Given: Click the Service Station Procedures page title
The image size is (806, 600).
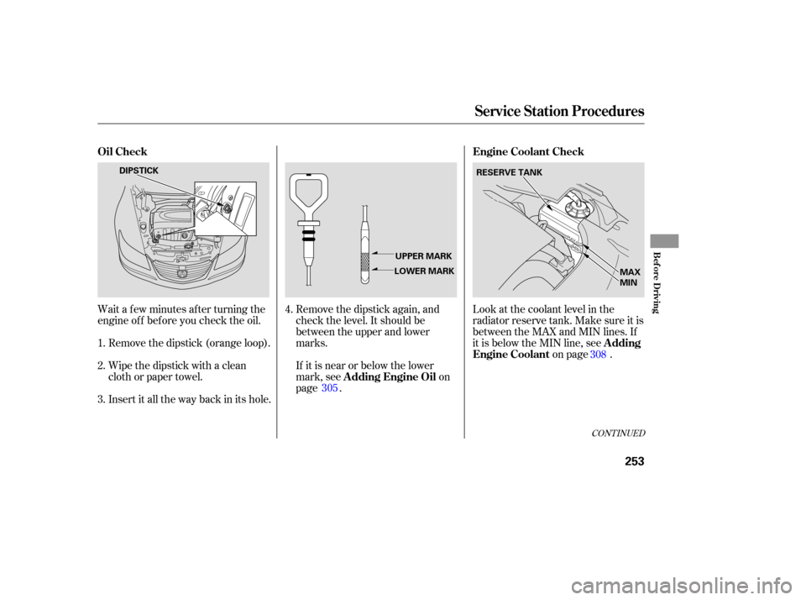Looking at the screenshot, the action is click(559, 111).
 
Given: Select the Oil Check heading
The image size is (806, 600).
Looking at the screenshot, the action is click(123, 151).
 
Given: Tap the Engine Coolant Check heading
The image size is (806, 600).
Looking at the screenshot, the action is click(528, 151).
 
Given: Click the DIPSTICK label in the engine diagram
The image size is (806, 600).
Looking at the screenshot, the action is click(139, 171).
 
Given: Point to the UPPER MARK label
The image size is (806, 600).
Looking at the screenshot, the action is click(423, 255).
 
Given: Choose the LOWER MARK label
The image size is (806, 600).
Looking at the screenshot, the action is click(424, 271).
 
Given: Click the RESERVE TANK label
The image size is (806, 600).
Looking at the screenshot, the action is click(509, 172).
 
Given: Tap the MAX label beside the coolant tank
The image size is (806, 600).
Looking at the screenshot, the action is click(631, 271).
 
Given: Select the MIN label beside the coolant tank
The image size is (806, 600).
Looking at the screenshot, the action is click(629, 282).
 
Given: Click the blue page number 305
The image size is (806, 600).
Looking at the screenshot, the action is click(329, 388).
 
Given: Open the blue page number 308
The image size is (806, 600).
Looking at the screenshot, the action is click(599, 354).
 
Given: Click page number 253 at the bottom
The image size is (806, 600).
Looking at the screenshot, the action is click(635, 461).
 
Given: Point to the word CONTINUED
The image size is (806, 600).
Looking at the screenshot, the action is click(618, 434).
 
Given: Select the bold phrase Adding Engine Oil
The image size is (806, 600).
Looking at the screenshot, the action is click(390, 376).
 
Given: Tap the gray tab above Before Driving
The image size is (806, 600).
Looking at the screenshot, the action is click(664, 241).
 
